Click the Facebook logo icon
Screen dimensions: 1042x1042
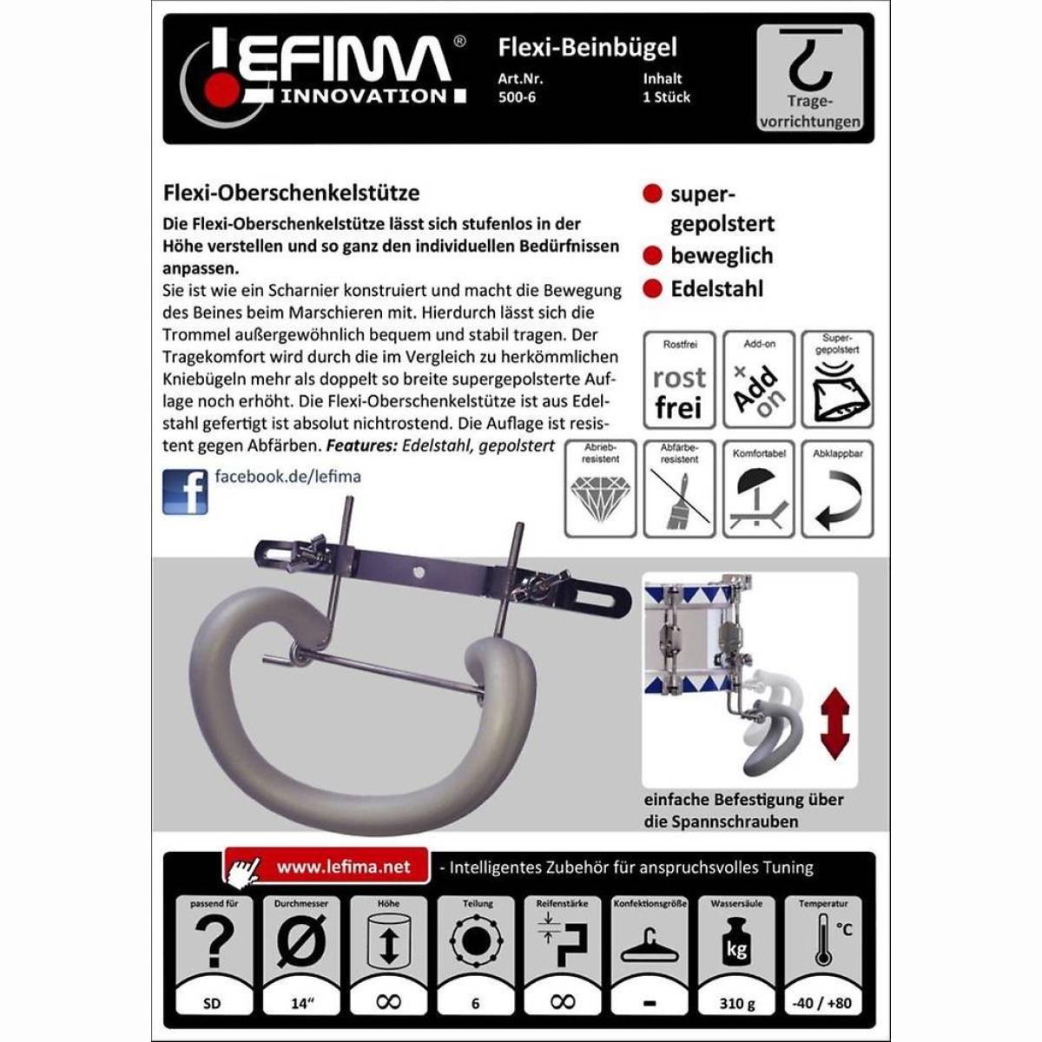(185, 491)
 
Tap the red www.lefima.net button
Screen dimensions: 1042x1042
(327, 867)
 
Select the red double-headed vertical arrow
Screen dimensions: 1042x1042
(835, 723)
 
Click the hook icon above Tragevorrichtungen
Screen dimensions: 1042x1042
(810, 64)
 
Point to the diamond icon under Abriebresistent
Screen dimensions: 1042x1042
(600, 498)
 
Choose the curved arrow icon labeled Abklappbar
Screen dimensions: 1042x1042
(837, 500)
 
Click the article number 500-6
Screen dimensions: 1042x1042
(517, 97)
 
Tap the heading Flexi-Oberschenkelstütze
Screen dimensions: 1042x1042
(291, 193)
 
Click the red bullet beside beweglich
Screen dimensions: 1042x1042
(653, 256)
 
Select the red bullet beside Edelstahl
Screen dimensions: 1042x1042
(653, 289)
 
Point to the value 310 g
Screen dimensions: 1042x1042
(736, 1004)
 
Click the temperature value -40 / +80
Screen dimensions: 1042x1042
(822, 1004)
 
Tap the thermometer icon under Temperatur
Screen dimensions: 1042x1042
(823, 941)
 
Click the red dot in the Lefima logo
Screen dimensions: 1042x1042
(221, 87)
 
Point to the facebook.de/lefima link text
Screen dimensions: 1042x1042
(287, 477)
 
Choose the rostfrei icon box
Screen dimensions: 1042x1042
(679, 379)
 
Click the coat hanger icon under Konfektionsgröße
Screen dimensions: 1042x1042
(650, 946)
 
